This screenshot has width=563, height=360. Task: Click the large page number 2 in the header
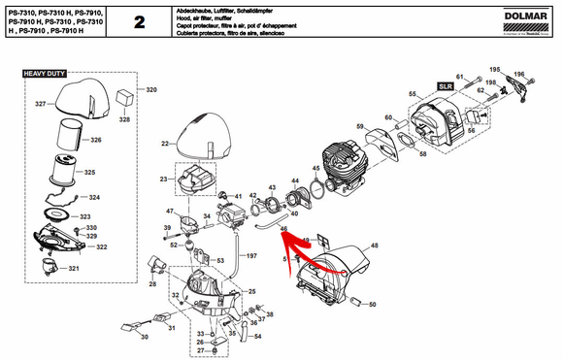[x=140, y=21]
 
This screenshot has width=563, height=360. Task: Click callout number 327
[x=41, y=104]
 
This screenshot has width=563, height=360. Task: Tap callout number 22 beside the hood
[x=164, y=142]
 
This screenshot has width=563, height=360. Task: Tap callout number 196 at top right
[x=519, y=75]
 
